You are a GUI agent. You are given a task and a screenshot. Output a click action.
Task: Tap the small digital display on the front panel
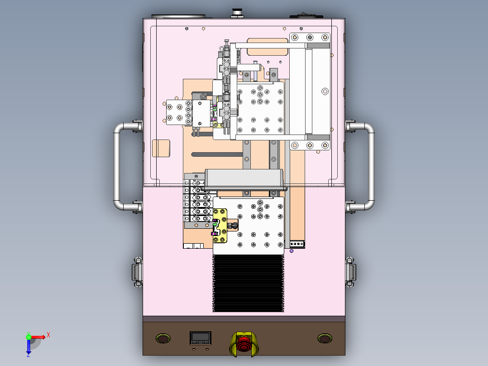200,337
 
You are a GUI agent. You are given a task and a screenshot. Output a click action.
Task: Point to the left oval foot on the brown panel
163,338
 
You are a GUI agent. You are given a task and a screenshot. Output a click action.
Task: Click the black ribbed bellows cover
248,283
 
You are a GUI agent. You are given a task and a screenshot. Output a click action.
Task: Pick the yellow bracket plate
221,225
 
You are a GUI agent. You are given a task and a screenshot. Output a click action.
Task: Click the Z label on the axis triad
28,355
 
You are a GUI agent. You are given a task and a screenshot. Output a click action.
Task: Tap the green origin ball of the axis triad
29,337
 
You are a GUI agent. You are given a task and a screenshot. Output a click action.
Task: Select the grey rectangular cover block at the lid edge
244,178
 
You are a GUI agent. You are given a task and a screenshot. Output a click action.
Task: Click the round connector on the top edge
236,12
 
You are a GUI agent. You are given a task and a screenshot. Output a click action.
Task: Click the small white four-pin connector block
297,244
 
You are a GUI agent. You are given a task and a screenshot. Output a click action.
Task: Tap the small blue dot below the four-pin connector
292,250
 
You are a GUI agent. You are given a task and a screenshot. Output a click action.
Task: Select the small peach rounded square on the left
161,148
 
